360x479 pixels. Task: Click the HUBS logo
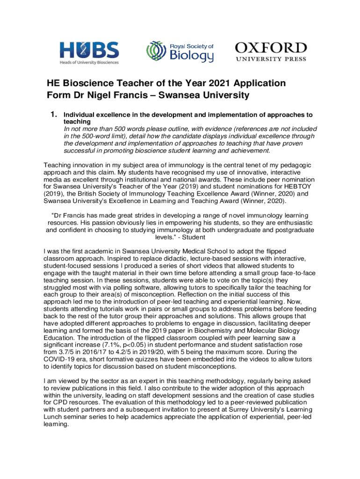(x=89, y=52)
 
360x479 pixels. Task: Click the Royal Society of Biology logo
(x=180, y=51)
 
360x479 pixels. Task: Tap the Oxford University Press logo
(x=271, y=51)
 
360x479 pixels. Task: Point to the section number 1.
(x=54, y=115)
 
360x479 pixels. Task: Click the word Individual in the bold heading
(x=80, y=115)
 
